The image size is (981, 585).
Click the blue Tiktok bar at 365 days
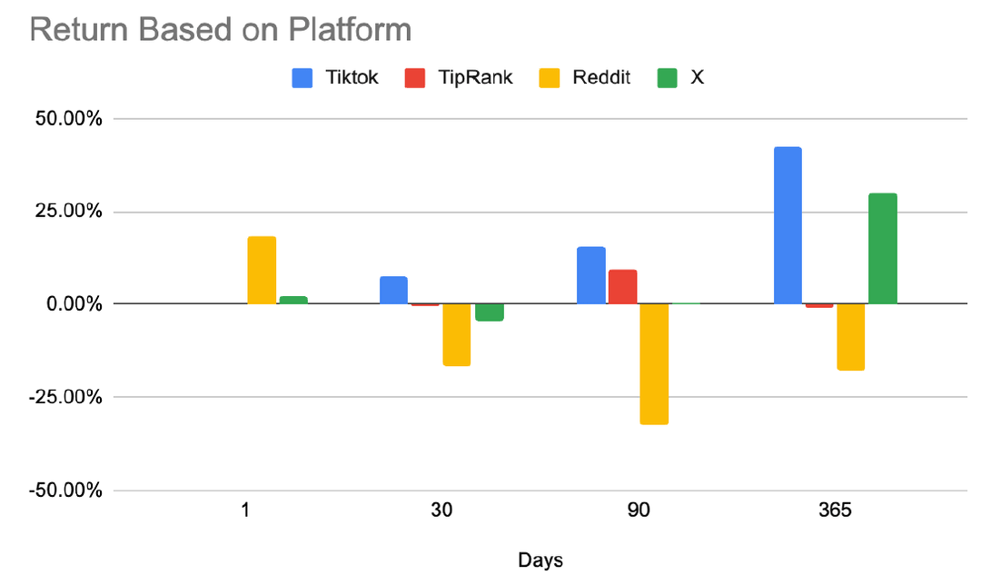tap(788, 225)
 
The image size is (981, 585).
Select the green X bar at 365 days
tap(882, 248)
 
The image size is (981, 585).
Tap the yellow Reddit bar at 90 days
tap(654, 363)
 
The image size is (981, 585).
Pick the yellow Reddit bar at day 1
tap(262, 270)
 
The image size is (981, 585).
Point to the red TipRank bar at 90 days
tap(622, 286)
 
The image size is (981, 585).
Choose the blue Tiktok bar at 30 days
tap(393, 290)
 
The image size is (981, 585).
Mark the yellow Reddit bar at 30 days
tap(456, 334)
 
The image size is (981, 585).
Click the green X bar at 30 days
tap(489, 312)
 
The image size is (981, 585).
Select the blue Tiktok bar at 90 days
tap(590, 275)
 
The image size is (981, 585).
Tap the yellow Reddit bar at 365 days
tap(850, 337)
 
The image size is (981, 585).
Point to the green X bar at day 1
tap(293, 300)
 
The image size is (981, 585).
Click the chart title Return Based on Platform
tap(221, 29)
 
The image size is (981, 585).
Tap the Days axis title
tap(540, 560)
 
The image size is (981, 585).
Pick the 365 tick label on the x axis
tap(834, 511)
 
